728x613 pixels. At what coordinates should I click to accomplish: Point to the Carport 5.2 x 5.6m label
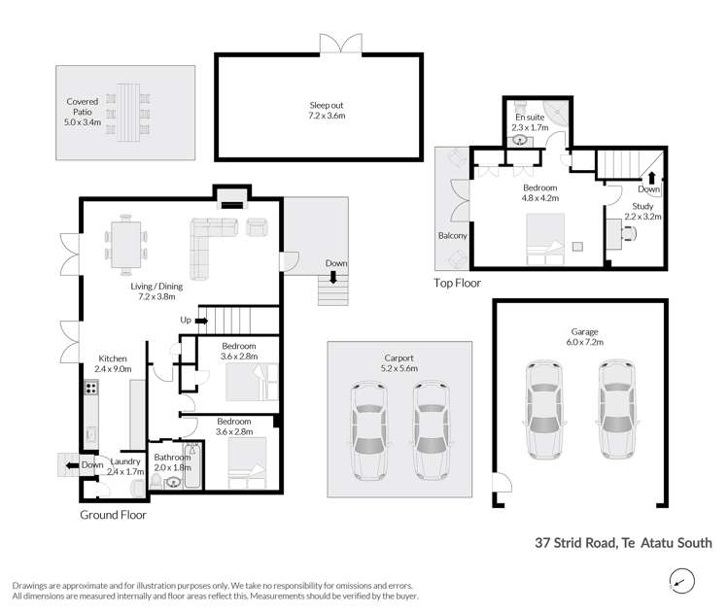tap(399, 363)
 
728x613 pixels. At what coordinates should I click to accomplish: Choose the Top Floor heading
tap(457, 284)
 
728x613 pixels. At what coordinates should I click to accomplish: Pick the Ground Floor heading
tap(113, 515)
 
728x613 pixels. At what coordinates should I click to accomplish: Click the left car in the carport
tap(368, 428)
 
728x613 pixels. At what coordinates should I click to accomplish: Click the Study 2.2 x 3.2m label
tap(642, 211)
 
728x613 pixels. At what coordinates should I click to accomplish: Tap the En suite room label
tap(532, 121)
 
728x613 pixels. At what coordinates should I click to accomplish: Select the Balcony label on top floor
tap(452, 236)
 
